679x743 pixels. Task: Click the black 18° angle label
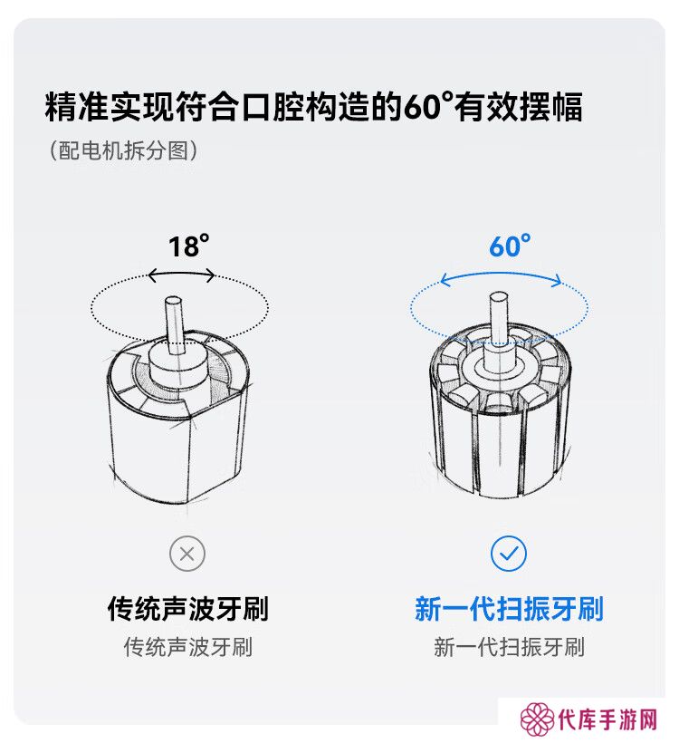(188, 246)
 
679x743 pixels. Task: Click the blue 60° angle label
(510, 246)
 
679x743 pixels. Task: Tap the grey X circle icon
(187, 554)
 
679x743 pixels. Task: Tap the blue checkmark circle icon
(509, 554)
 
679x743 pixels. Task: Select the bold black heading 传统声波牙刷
(188, 608)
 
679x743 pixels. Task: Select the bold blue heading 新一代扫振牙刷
(509, 608)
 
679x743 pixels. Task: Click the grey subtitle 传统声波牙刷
(188, 647)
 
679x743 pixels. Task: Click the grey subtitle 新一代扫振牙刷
(509, 647)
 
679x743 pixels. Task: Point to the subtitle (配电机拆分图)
(124, 150)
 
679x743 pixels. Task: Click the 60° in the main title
(428, 106)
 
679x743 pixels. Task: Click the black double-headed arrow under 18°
(181, 275)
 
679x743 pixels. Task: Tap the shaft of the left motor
(174, 324)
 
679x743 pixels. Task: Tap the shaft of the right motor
(498, 318)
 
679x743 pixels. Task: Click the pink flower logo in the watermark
(537, 719)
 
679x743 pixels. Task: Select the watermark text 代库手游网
(608, 720)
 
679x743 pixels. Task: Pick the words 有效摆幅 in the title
(519, 106)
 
